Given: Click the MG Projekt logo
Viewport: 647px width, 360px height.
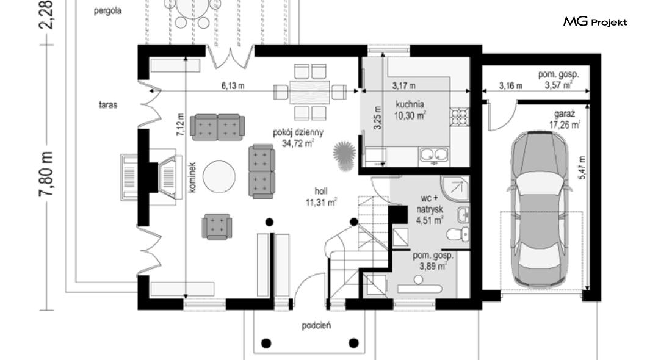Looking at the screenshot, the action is (595, 21).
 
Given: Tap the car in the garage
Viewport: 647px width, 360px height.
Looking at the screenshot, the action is (540, 209).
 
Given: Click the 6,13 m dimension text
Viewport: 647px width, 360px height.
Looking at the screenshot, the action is (233, 86).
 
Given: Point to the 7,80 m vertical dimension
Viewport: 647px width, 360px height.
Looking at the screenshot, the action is (46, 174).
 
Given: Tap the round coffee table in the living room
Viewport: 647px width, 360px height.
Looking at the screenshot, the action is (219, 176).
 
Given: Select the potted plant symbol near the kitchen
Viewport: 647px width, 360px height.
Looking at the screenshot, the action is (344, 156).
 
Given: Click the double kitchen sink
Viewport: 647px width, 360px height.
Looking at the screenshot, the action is (434, 155).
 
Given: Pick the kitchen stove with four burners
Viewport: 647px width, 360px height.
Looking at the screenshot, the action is (459, 117).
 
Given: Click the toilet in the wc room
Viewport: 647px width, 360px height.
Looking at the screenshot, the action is (458, 234).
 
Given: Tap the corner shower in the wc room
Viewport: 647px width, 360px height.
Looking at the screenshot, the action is (455, 189).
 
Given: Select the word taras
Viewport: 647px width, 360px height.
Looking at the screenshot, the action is (107, 105).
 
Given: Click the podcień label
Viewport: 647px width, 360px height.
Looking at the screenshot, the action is (317, 325).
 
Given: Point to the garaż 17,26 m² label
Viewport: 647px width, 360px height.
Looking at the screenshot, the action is (565, 119).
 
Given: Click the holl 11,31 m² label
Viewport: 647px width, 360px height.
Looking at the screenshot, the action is (321, 196).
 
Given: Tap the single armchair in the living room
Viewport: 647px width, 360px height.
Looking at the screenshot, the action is (217, 226).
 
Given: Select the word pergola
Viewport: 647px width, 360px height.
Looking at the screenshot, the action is (107, 11).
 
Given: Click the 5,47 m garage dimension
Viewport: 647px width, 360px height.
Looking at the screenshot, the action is (582, 167).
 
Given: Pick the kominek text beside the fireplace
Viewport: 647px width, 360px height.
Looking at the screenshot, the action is (192, 177).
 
